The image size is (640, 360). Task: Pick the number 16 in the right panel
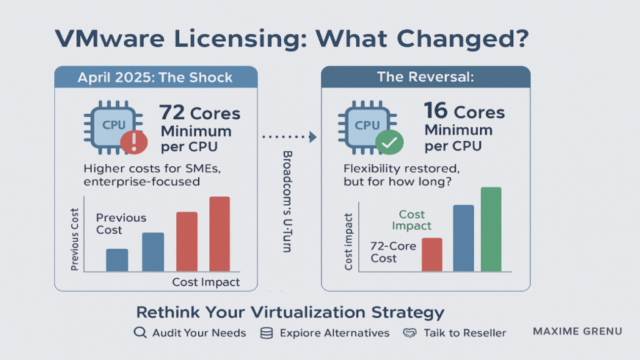point(436,112)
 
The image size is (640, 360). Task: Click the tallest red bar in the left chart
point(219,234)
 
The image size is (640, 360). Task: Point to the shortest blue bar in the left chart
point(117,260)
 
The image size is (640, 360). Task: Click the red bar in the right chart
point(432,254)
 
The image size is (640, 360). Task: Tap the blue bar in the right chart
point(462,237)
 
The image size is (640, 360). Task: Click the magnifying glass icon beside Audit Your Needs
point(140,333)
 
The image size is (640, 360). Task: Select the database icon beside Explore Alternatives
point(267,333)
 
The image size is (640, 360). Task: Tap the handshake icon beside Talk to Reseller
point(410,333)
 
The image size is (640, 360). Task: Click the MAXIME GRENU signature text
point(577,331)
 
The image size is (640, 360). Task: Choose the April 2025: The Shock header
point(155,78)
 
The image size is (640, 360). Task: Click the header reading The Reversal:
point(425,77)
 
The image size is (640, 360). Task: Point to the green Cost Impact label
point(412,220)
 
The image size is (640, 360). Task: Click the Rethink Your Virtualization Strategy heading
point(290,312)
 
